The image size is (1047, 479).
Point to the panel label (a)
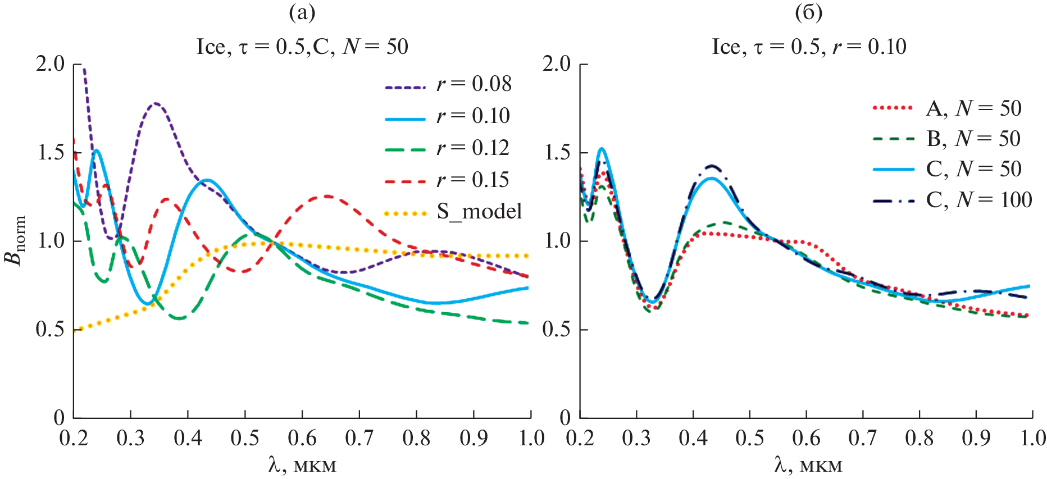[x=302, y=12]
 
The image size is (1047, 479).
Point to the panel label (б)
[x=808, y=12]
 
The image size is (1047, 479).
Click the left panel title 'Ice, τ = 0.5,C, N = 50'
[x=302, y=47]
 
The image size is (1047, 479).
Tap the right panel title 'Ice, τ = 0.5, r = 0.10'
[x=809, y=47]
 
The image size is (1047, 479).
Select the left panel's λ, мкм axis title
[x=302, y=465]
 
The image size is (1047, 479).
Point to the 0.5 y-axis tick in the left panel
[x=51, y=330]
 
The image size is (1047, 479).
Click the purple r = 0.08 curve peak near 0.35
[x=156, y=103]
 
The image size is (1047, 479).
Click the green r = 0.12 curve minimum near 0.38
[x=180, y=318]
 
